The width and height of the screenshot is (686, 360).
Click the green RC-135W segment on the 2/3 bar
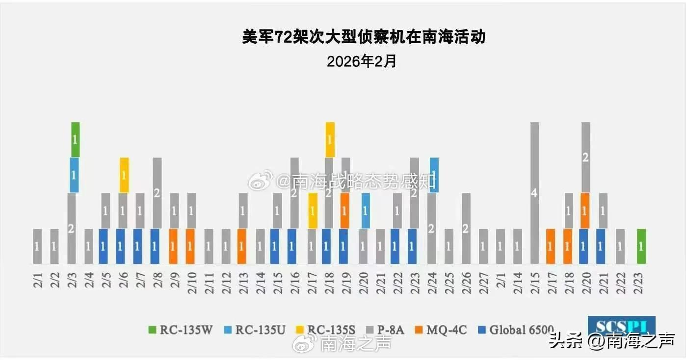75,140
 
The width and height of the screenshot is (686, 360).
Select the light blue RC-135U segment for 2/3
75,175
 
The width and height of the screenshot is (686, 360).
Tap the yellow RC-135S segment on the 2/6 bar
124,175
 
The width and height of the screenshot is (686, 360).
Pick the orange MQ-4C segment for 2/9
174,246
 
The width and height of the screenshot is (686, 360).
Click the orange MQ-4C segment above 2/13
241,246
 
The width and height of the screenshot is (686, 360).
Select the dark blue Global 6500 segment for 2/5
103,246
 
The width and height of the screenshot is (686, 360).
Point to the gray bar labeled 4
534,193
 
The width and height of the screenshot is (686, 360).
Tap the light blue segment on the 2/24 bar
434,175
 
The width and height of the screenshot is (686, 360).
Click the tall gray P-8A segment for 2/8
157,193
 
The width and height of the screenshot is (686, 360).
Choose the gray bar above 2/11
208,246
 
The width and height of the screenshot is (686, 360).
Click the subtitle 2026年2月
361,62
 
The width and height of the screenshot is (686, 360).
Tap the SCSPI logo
621,326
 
